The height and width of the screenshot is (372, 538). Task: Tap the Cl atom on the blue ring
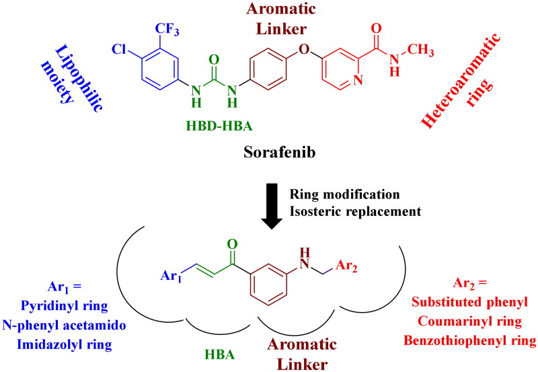point(118,50)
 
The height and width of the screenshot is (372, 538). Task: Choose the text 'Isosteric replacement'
point(354,211)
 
